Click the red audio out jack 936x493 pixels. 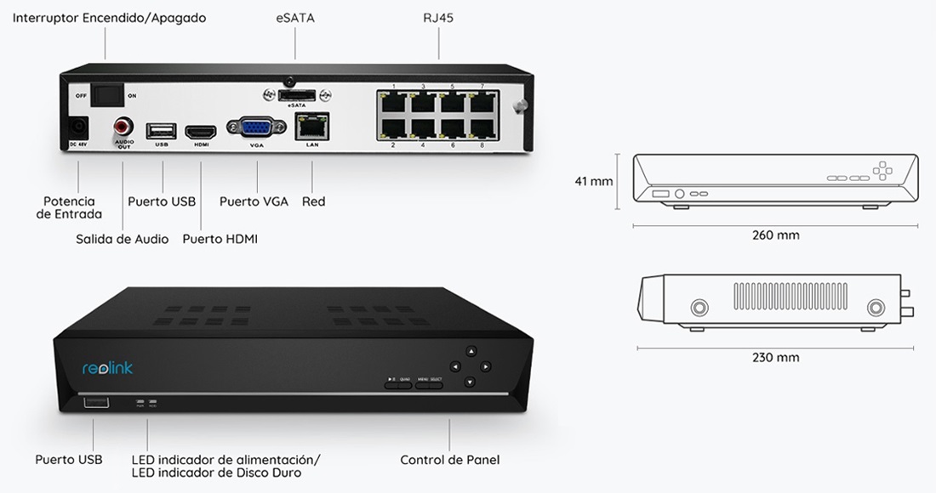123,129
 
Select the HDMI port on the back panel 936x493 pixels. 202,132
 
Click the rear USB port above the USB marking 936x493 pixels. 162,131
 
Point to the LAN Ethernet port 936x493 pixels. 312,128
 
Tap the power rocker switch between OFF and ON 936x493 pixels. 107,93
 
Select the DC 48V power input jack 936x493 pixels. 78,129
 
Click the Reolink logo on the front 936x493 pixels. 107,368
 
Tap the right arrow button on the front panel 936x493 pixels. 485,367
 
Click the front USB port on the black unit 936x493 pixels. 96,403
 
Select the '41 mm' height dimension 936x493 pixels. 594,181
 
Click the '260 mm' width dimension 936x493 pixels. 775,235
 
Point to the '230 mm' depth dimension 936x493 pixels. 775,358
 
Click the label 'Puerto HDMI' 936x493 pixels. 220,240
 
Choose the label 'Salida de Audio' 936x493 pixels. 122,240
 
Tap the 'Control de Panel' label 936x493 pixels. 449,460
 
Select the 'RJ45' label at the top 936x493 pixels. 437,18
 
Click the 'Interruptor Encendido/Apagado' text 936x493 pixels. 109,18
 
